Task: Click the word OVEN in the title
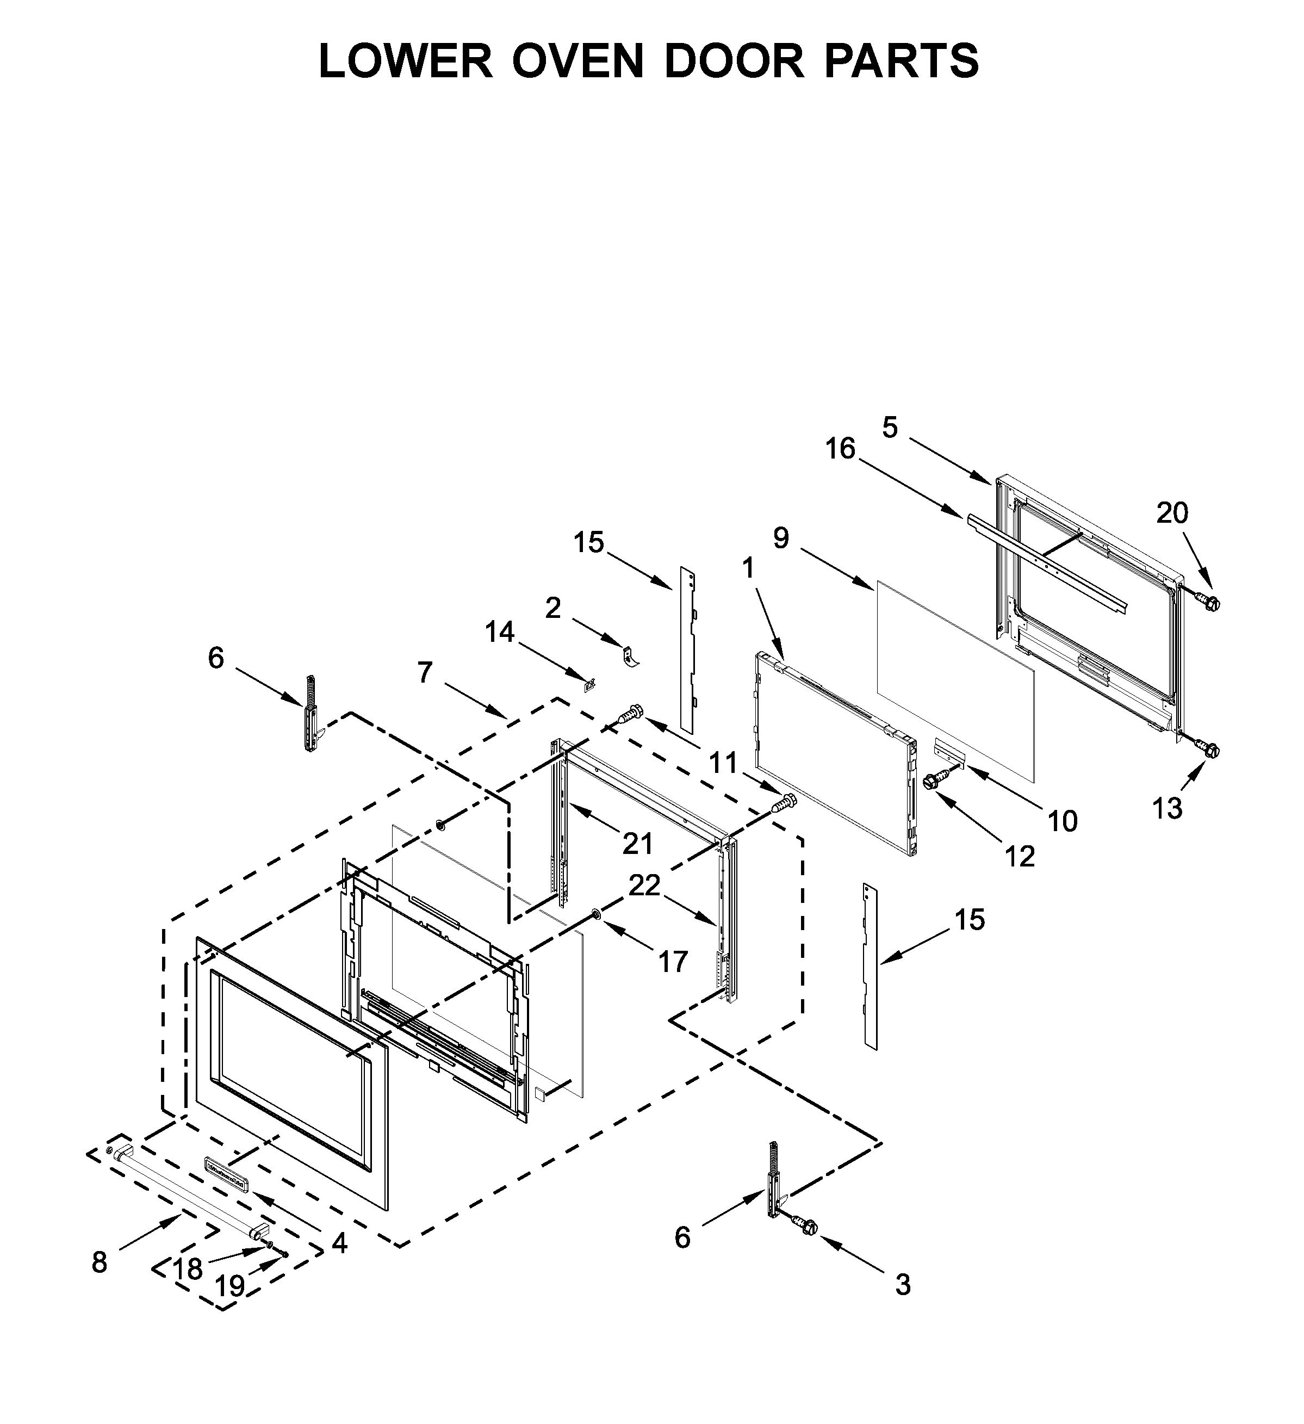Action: tap(578, 61)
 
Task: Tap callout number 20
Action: tap(1172, 513)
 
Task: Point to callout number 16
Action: tap(840, 449)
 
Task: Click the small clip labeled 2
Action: tap(629, 655)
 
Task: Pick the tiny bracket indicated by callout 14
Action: tap(590, 684)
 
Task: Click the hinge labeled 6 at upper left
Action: tap(310, 714)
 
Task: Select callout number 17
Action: tap(673, 961)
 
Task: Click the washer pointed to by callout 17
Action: tap(595, 915)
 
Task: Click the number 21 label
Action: tap(637, 844)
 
